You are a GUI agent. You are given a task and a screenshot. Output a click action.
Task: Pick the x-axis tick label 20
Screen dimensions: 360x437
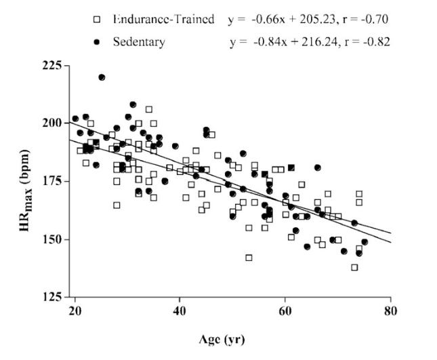pyautogui.click(x=75, y=310)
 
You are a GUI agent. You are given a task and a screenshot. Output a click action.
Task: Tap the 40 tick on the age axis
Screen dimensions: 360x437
pyautogui.click(x=180, y=310)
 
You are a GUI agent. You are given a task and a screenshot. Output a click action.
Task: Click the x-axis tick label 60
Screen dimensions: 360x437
pyautogui.click(x=285, y=310)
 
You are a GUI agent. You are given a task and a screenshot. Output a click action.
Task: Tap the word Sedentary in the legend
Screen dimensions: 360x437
pyautogui.click(x=138, y=42)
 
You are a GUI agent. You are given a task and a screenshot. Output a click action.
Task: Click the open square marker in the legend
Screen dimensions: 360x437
pyautogui.click(x=98, y=19)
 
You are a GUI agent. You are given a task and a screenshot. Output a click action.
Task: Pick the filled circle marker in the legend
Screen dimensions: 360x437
pyautogui.click(x=98, y=42)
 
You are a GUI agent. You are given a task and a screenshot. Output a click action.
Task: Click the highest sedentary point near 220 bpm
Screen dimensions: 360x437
pyautogui.click(x=102, y=77)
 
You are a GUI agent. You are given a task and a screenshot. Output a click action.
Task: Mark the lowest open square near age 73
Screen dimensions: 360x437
pyautogui.click(x=354, y=267)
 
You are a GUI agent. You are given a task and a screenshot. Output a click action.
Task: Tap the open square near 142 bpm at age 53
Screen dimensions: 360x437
pyautogui.click(x=249, y=258)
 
